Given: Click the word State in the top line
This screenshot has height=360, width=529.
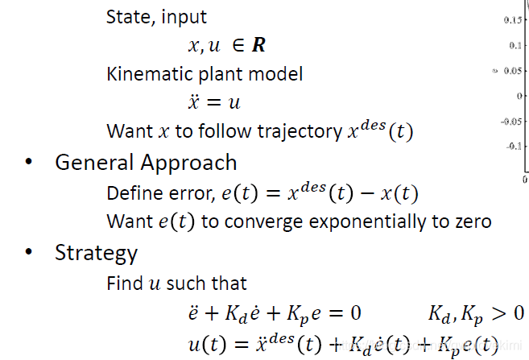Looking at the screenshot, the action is [x=127, y=16].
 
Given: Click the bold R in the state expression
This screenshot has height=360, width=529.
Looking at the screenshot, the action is [x=258, y=46].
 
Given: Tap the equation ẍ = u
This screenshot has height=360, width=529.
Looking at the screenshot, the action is [x=213, y=103].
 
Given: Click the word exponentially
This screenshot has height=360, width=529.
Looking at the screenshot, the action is [x=362, y=221].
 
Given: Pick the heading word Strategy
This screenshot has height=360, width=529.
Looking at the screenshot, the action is [x=96, y=254].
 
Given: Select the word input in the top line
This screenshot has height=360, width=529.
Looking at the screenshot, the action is [x=183, y=16].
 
